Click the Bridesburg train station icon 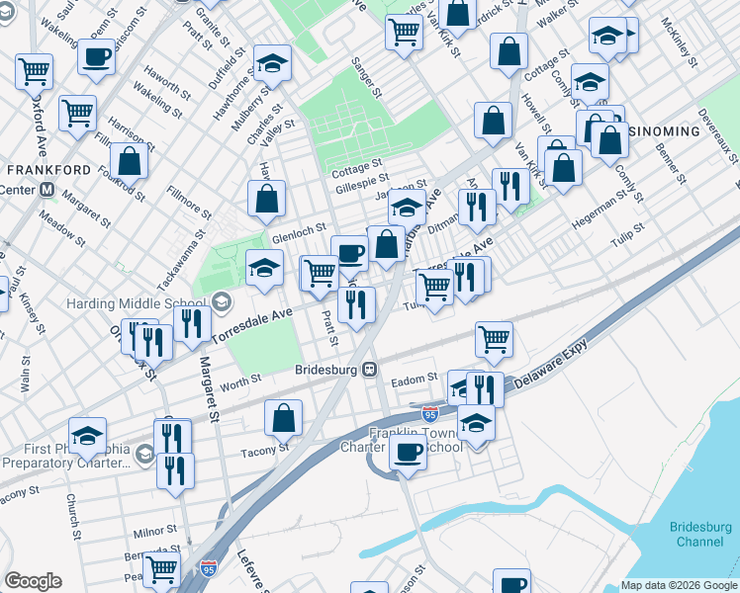369,370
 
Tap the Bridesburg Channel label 701,535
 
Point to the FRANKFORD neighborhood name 48,170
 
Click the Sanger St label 366,78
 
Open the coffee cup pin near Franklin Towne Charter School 407,451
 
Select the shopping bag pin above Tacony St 284,417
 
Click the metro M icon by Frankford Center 46,190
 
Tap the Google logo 33,581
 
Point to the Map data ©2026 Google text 679,585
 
